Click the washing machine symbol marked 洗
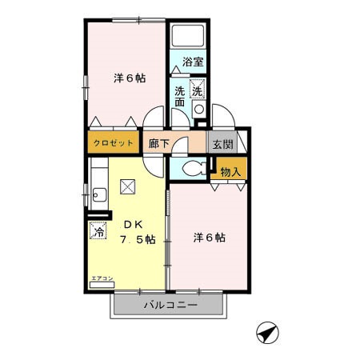197,91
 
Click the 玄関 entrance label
221,144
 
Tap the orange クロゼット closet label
112,144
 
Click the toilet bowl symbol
190,169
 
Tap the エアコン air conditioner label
103,278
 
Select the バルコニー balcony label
170,305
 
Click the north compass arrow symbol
266,331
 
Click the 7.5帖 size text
137,242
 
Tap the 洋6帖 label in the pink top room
129,78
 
